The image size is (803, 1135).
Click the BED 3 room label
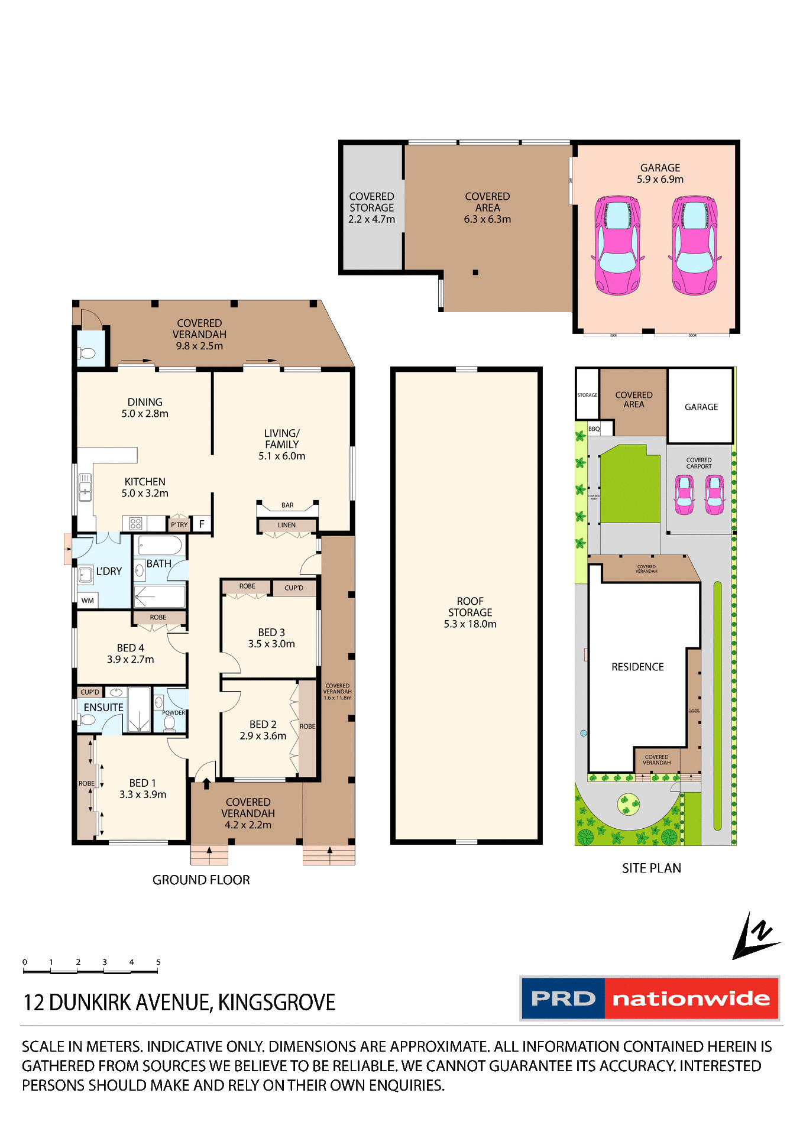point(271,633)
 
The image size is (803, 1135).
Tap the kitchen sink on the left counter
point(85,487)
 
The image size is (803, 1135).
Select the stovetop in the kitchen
point(135,524)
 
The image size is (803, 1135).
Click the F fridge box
point(202,524)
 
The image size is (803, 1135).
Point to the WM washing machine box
point(88,601)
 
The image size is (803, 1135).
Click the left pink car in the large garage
point(617,245)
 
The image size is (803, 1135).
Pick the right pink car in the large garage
point(695,245)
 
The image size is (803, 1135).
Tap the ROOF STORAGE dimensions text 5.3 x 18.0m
point(470,624)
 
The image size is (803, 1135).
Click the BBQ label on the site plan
point(594,429)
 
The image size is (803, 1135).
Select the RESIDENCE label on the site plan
point(637,667)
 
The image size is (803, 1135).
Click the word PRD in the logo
point(563,999)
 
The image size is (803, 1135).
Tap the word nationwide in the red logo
point(691,999)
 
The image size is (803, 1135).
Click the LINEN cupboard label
point(287,525)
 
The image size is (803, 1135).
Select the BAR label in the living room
point(287,505)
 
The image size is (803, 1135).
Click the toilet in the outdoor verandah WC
point(87,354)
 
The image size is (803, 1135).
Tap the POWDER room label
point(173,713)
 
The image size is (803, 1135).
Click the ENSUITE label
point(103,708)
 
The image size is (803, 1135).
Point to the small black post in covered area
point(475,273)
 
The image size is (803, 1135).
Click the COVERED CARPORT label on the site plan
point(699,463)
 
